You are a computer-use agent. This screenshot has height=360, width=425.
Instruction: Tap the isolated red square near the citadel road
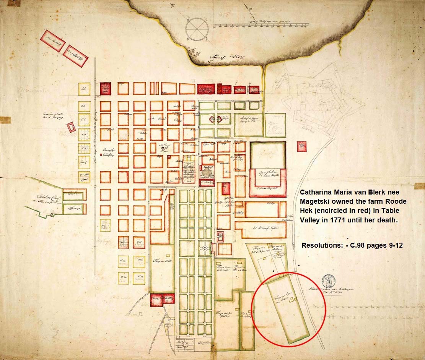click(302, 146)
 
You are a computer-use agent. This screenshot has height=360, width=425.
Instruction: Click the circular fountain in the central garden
click(205, 249)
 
